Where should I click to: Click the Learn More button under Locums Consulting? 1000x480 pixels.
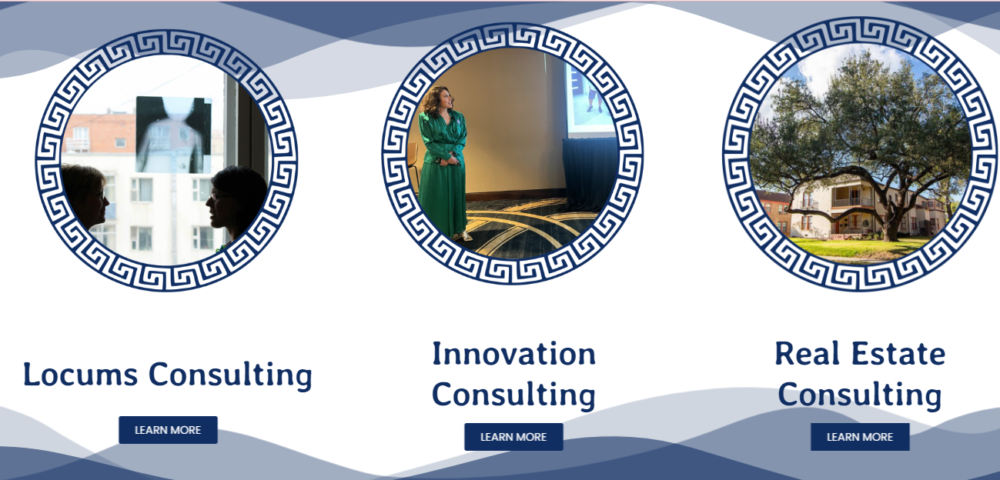click(168, 430)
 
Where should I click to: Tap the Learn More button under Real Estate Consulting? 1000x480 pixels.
click(860, 437)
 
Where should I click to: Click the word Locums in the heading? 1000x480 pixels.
click(80, 374)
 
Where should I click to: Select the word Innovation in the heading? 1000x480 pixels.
click(513, 354)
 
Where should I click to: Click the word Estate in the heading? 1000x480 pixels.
click(898, 354)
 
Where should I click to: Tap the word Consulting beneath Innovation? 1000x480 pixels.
click(513, 395)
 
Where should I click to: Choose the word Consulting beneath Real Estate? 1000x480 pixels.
click(860, 395)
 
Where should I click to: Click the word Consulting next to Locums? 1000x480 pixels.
click(230, 375)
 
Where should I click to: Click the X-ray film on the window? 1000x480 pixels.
click(174, 135)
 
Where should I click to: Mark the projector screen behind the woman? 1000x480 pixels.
click(588, 99)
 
